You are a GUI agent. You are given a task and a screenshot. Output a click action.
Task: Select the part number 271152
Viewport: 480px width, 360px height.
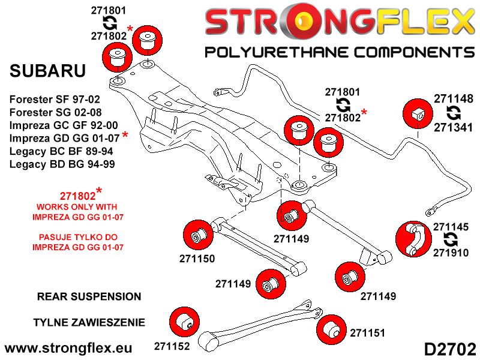point(172,346)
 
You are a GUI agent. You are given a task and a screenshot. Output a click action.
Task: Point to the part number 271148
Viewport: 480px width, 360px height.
point(454,98)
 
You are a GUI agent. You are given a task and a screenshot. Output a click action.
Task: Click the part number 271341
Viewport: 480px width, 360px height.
point(454,127)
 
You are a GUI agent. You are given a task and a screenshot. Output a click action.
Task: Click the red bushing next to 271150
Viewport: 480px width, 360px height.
point(197,235)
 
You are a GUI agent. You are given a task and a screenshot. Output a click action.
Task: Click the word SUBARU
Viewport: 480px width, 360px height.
point(48,71)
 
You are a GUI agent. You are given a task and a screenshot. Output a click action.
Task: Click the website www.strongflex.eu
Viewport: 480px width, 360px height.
point(67,347)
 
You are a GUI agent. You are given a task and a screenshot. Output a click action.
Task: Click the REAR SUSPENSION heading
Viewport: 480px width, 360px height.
point(89,296)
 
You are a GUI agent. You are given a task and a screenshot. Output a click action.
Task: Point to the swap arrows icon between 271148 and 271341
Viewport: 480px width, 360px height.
point(454,113)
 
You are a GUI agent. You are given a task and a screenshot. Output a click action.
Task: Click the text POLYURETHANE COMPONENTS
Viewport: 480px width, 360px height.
point(340,52)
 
